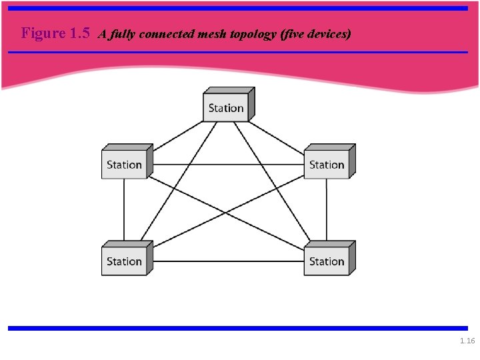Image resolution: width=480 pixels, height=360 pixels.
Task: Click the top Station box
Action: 226,108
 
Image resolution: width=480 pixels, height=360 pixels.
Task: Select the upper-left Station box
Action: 125,165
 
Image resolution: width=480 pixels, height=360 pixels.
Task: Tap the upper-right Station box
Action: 327,165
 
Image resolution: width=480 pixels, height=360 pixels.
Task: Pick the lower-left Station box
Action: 125,261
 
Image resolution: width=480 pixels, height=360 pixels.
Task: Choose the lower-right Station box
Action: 327,261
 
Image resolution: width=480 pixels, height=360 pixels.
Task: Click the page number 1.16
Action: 467,341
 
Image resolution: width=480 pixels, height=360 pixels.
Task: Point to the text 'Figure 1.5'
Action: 56,33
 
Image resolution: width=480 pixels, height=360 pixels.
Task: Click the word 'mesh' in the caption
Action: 213,34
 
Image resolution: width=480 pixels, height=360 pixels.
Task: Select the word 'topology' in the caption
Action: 251,34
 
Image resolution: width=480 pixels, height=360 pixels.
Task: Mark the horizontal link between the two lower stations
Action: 227,261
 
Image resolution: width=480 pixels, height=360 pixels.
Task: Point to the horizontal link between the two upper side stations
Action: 227,165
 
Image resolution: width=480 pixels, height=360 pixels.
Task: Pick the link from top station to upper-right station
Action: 277,136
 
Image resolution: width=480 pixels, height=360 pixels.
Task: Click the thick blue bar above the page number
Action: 238,328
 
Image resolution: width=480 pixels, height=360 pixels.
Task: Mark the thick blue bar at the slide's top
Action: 238,9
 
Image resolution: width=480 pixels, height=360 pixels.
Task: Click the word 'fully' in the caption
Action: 125,34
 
